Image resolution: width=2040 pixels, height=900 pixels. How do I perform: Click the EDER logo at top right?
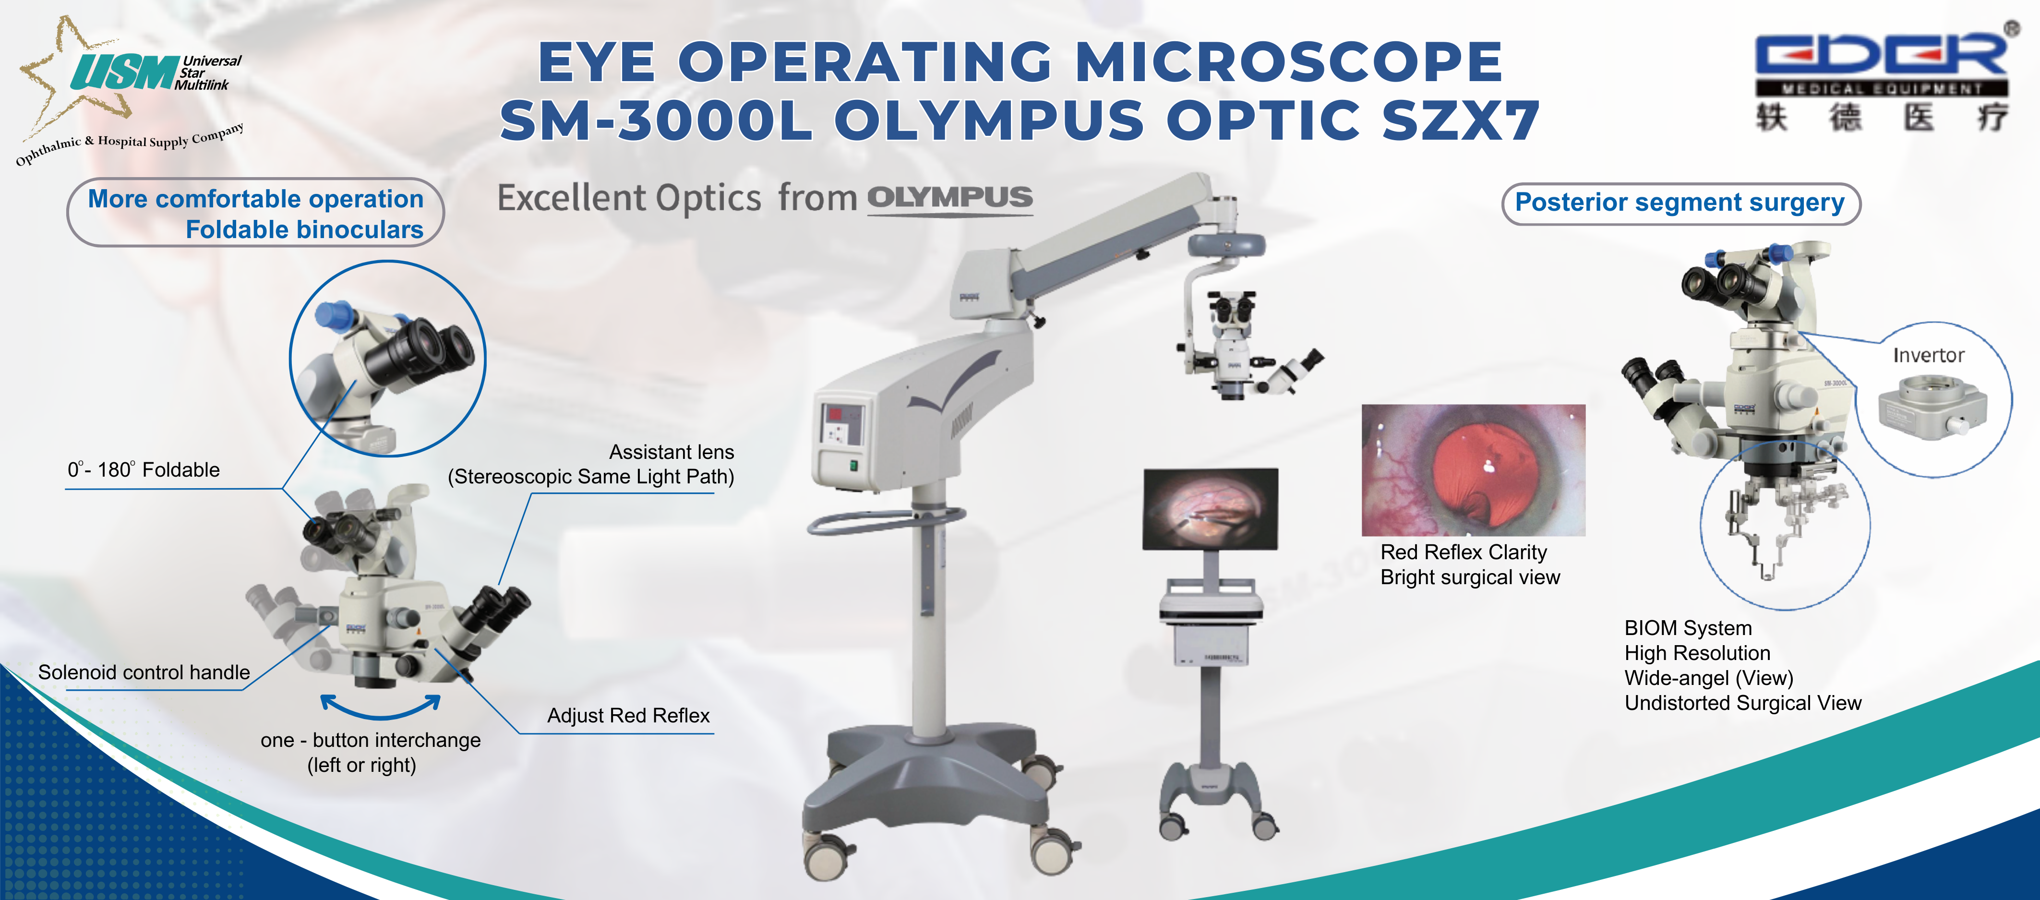(x=1880, y=56)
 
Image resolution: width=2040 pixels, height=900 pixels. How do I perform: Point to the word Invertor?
(x=1928, y=356)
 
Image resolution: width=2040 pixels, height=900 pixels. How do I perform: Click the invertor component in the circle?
(x=1932, y=408)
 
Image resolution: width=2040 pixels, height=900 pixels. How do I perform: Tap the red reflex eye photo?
(x=1473, y=470)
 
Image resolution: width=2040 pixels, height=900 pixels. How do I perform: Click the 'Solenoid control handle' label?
(x=144, y=672)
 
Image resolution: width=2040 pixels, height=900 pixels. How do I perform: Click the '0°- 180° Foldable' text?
(x=144, y=470)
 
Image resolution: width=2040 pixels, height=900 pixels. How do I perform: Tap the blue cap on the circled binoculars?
(x=335, y=314)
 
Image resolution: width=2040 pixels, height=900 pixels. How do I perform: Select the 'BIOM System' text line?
(x=1688, y=628)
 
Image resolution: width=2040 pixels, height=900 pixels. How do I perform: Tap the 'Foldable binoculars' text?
(x=304, y=230)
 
